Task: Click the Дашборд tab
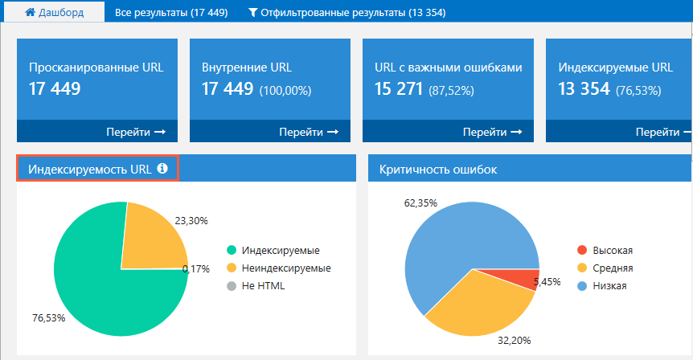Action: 55,12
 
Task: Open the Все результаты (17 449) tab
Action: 171,13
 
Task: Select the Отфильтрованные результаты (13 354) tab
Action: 347,13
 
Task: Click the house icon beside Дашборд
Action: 30,12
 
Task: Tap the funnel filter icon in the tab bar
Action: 252,12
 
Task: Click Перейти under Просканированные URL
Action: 136,132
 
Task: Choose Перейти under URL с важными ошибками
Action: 492,132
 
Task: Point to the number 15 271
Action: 399,88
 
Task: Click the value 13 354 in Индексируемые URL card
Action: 584,88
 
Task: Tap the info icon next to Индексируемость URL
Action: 162,168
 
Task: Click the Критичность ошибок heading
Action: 438,170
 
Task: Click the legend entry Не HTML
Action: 256,286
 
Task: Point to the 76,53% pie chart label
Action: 48,318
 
